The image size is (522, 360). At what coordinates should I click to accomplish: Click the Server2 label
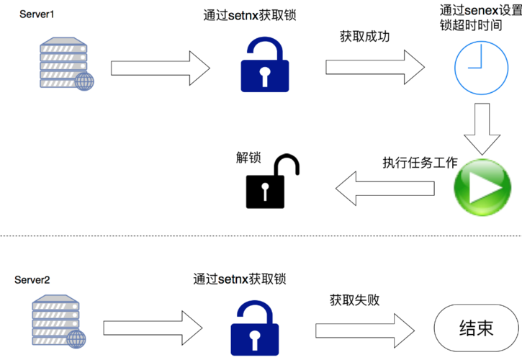coord(32,280)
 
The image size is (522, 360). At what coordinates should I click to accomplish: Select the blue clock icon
coord(476,66)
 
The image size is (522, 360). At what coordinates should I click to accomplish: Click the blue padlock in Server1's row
coord(264,64)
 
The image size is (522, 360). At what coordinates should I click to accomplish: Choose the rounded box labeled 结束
coord(476,328)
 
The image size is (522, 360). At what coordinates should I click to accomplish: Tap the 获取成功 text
coord(365,37)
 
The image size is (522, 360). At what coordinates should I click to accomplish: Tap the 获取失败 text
coord(355,300)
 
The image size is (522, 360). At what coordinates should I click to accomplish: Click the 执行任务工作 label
coord(420,163)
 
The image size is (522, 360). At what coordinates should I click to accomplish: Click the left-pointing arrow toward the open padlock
coord(385,189)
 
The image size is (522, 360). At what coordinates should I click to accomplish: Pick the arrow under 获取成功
coord(374,67)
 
